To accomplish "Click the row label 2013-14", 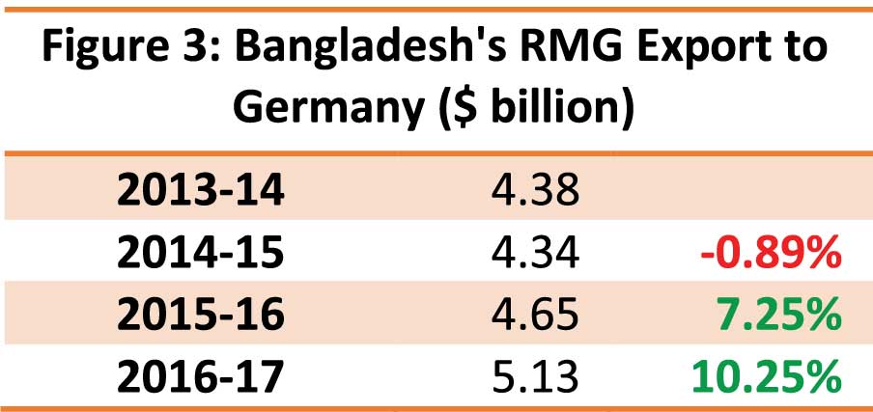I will (201, 190).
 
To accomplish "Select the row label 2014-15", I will (201, 254).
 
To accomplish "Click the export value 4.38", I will (533, 190).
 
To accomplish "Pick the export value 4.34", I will (533, 254).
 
